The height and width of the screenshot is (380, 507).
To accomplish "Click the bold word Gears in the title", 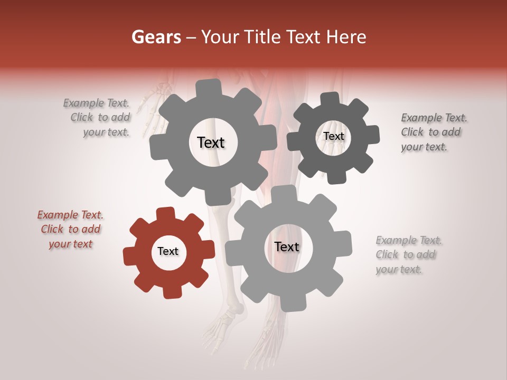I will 156,37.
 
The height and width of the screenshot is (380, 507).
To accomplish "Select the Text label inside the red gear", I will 168,252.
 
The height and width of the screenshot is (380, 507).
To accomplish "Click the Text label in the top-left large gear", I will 211,142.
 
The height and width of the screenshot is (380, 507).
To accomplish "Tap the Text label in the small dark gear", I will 333,136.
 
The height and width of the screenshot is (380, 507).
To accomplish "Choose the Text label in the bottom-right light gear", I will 287,247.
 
